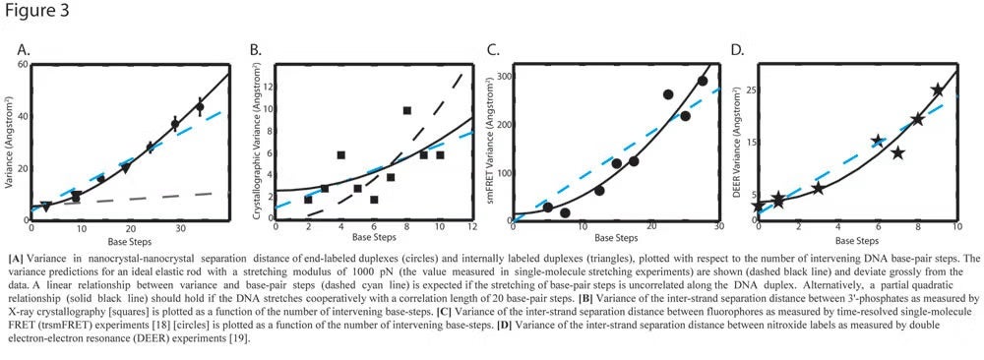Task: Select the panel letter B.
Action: (255, 48)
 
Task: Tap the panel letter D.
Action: (734, 48)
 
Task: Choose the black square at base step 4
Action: (340, 154)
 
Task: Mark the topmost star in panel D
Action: (937, 90)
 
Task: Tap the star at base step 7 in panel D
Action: (897, 152)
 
